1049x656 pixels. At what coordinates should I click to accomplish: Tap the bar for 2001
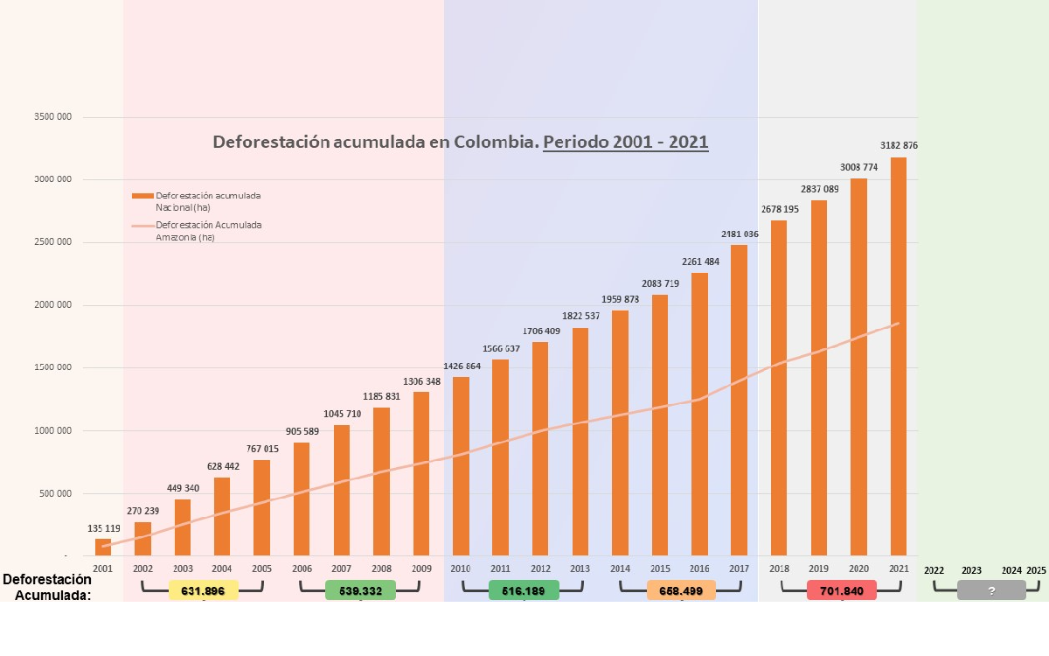click(103, 547)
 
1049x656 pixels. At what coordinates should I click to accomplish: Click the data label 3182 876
click(898, 145)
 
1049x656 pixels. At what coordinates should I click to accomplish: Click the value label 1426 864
click(461, 366)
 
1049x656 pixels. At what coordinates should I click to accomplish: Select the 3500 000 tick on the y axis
click(53, 117)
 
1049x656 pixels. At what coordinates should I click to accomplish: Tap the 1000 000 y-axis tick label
click(53, 430)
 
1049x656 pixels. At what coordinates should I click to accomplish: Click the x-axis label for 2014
click(620, 569)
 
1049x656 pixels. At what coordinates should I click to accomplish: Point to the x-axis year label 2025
click(1036, 570)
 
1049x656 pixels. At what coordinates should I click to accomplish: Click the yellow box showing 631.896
click(203, 591)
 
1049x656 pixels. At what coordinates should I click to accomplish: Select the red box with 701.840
click(842, 591)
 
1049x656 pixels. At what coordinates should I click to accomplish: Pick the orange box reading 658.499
click(681, 591)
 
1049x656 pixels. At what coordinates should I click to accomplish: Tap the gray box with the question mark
click(991, 591)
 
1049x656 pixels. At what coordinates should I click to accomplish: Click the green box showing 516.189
click(524, 591)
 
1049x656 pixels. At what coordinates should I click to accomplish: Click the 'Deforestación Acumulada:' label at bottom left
click(47, 587)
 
